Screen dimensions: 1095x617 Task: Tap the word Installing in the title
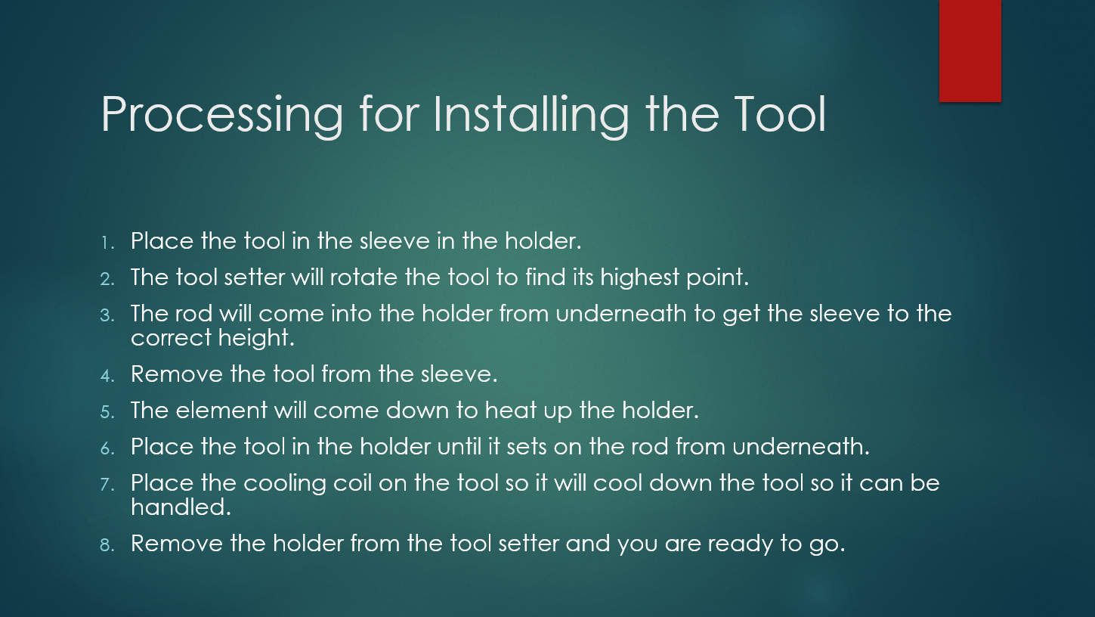531,116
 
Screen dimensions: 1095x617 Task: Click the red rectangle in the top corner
970,51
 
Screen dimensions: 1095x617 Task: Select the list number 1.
107,243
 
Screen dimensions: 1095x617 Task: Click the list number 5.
107,412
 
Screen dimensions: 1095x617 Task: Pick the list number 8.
107,545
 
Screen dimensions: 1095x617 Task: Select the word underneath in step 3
621,313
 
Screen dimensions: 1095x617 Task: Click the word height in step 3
256,338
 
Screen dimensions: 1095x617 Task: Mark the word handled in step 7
181,507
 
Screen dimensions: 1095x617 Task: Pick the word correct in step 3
171,338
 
